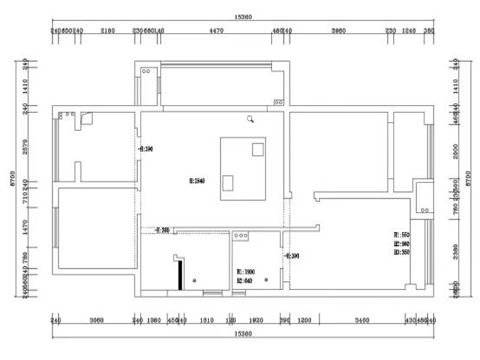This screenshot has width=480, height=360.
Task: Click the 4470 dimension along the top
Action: tap(215, 31)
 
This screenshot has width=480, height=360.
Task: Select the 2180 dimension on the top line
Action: tap(108, 31)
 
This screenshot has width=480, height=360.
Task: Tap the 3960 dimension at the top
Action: tap(338, 31)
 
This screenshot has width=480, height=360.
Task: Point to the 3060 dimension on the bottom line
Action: tap(95, 321)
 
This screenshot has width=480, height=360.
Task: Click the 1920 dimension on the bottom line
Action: tap(255, 321)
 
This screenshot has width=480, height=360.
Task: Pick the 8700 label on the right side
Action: tap(469, 180)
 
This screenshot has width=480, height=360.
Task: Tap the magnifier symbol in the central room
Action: tap(252, 119)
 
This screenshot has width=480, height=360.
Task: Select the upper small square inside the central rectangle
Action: tap(258, 149)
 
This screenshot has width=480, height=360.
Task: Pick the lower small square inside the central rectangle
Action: tap(228, 182)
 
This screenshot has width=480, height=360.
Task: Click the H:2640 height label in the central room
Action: tap(197, 182)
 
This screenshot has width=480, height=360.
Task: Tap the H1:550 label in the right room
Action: tap(402, 235)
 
